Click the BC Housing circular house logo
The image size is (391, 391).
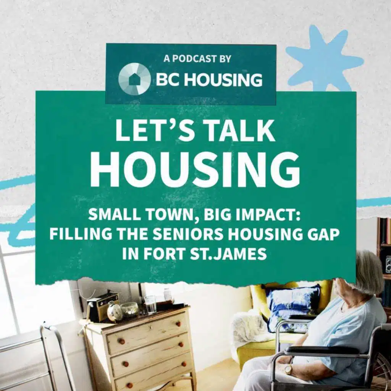point(134,79)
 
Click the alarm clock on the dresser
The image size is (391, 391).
point(115,312)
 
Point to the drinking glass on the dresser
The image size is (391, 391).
point(150,304)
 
